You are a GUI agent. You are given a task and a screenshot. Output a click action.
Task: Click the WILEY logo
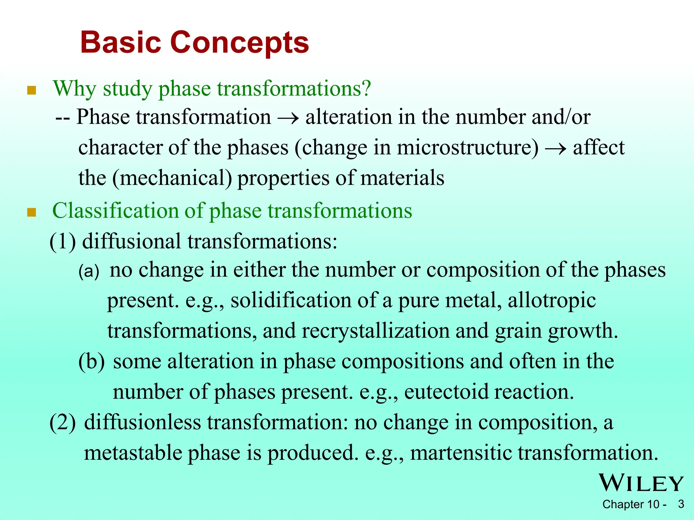click(641, 483)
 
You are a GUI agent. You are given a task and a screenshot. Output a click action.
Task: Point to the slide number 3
click(681, 504)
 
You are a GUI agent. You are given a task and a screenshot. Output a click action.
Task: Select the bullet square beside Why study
click(32, 90)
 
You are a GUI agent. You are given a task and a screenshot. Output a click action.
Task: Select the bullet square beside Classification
click(32, 213)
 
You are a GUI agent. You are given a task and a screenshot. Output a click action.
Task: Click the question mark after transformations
click(365, 89)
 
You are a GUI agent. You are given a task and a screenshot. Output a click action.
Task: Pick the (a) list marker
click(89, 271)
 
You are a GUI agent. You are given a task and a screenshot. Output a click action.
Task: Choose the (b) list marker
click(91, 362)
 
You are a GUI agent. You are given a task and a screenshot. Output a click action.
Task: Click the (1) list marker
click(63, 242)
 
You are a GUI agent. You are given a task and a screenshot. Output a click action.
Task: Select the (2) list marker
click(63, 423)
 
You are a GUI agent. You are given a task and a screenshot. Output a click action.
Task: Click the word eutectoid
click(446, 392)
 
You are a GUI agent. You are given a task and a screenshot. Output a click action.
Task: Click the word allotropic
click(552, 301)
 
